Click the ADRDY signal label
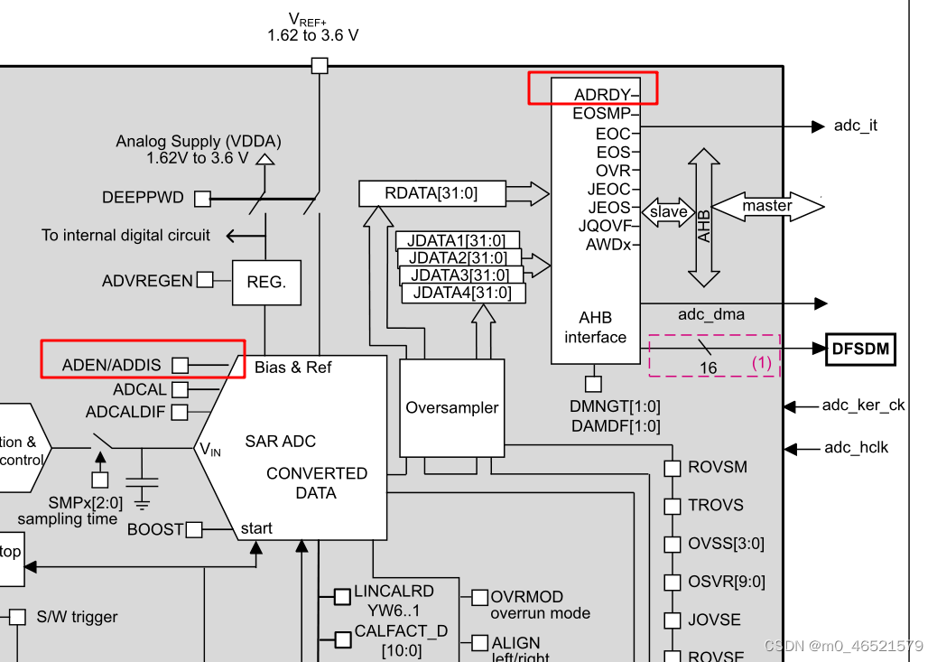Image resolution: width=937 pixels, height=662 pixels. point(602,95)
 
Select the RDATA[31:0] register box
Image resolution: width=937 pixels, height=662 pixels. point(431,193)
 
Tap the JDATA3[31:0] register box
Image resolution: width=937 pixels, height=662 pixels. point(460,275)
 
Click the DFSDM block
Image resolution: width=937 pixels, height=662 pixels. point(860,349)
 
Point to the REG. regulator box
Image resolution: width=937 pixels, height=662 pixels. point(266,282)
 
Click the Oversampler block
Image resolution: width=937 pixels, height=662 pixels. point(451,408)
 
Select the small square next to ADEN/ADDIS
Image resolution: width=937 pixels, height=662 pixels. point(181,365)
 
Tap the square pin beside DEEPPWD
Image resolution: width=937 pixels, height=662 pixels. point(202,198)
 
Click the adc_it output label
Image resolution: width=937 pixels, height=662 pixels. point(855,126)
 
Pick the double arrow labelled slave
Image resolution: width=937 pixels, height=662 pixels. point(668,213)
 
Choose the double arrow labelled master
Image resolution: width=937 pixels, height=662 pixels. point(767,206)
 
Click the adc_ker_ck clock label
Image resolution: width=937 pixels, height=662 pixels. point(862,406)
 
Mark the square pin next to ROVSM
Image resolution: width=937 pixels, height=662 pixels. point(672,468)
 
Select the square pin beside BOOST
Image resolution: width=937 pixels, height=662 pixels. point(194,529)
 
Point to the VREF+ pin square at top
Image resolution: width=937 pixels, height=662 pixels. point(319,65)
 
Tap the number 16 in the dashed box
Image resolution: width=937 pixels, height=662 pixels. point(708,368)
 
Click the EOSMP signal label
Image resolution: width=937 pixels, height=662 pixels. point(601,114)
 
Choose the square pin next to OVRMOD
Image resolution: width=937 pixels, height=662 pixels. point(479,597)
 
